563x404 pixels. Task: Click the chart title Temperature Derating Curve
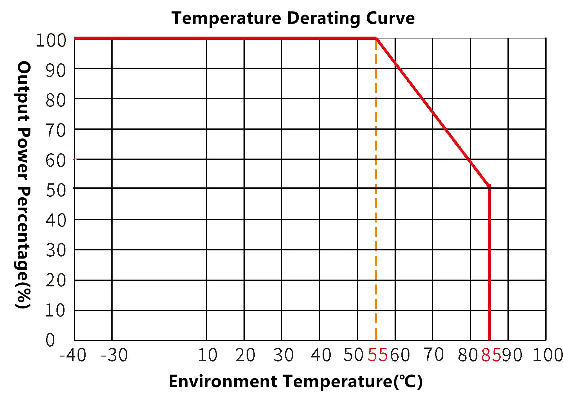click(x=293, y=18)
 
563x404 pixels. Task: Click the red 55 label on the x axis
click(x=378, y=355)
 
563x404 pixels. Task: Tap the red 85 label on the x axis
click(x=491, y=355)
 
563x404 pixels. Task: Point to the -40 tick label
click(x=73, y=355)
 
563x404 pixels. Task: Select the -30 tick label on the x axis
click(x=114, y=355)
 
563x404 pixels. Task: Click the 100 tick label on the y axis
click(x=51, y=40)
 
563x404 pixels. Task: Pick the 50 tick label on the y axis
click(x=56, y=190)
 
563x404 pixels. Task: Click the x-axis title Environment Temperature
click(x=295, y=381)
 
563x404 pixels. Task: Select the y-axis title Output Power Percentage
click(x=24, y=185)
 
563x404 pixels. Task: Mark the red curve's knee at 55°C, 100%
click(x=376, y=38)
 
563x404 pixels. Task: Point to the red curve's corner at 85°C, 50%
click(x=489, y=186)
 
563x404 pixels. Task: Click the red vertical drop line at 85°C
click(x=489, y=264)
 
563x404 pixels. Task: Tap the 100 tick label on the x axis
click(x=547, y=355)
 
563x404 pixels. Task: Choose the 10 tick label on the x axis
click(x=208, y=355)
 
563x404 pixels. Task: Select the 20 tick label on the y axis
click(x=56, y=280)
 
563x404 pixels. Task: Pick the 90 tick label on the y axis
click(x=56, y=70)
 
